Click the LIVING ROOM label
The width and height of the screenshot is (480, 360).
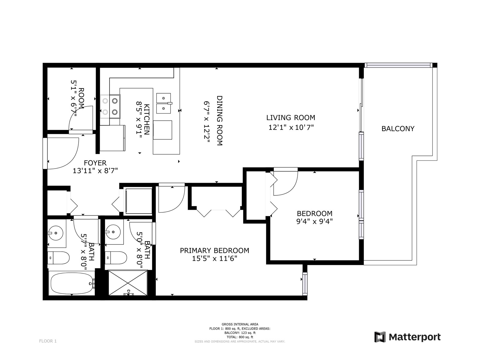(291, 118)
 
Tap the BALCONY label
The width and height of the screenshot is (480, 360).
(398, 128)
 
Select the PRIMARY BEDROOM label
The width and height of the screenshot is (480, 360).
(214, 250)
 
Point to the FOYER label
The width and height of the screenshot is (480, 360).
(95, 163)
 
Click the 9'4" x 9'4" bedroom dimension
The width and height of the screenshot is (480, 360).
(314, 222)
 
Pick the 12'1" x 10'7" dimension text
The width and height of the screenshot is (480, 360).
(291, 127)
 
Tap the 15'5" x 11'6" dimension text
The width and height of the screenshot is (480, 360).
(214, 259)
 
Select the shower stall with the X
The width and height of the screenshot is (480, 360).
(128, 283)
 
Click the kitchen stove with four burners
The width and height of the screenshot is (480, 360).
(110, 106)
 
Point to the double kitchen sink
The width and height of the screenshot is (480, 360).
(164, 103)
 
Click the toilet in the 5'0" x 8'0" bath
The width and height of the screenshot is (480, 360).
(116, 258)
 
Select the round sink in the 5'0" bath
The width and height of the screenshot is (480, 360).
(113, 232)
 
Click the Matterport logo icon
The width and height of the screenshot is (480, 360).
(380, 337)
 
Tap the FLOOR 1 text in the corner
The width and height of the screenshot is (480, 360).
(48, 341)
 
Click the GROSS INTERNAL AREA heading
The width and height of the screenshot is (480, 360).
(240, 324)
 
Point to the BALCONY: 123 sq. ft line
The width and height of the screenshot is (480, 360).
(240, 333)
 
